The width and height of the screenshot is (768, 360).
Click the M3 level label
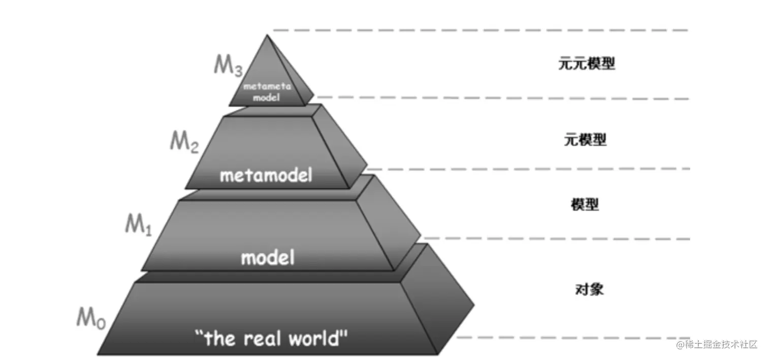tap(227, 66)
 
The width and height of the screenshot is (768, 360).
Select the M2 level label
tap(184, 141)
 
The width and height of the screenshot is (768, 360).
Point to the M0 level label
tap(90, 318)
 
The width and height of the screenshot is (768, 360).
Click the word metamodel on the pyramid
tap(266, 176)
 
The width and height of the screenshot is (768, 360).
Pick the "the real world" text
tap(272, 337)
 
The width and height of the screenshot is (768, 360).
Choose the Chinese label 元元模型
tap(586, 64)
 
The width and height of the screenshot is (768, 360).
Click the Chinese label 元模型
tap(585, 139)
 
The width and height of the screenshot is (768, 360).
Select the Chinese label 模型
tap(585, 205)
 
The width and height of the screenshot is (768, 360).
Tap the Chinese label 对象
tap(589, 289)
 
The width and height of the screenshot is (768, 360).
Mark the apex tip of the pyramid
tap(266, 36)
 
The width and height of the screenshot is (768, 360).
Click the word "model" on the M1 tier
tap(268, 258)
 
